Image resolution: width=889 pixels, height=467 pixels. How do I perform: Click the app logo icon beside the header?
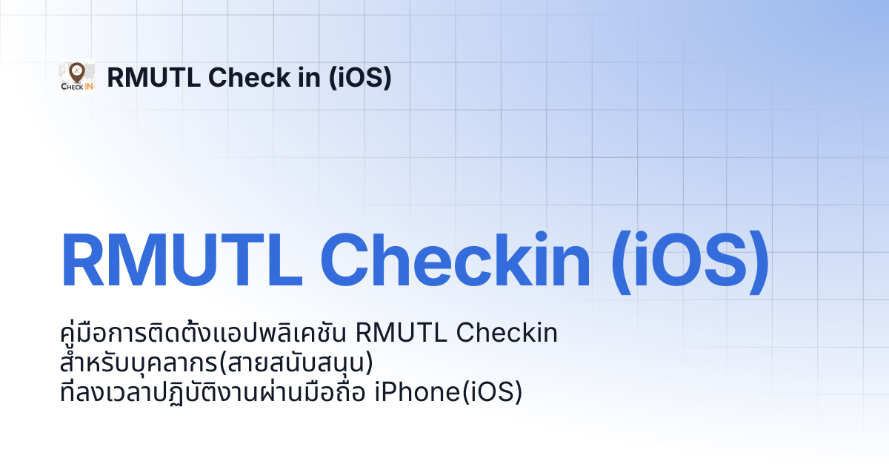(77, 77)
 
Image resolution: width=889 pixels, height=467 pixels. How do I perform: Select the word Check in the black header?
(250, 77)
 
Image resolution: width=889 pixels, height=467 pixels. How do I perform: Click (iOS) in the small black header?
(360, 77)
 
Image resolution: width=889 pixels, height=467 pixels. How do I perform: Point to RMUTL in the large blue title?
(182, 260)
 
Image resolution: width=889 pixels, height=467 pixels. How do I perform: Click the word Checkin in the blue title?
(455, 259)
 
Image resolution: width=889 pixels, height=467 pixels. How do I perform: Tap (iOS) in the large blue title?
(690, 262)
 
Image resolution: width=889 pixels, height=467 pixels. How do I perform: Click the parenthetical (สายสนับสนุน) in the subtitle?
(296, 362)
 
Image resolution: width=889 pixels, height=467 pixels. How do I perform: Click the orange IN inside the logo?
(88, 86)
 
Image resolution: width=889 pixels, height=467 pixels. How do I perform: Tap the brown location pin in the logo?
(76, 72)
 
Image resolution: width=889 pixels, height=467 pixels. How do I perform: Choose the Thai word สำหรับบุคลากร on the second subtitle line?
(139, 362)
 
